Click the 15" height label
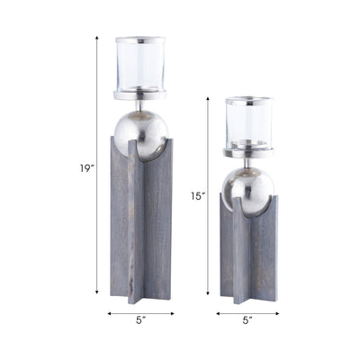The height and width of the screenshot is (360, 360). (x=198, y=195)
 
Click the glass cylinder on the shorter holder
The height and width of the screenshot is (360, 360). (x=248, y=124)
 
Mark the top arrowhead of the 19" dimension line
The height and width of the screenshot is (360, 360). (x=97, y=39)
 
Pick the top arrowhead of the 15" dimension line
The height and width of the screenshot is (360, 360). (x=209, y=98)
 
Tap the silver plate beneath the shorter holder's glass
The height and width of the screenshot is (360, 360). (x=248, y=152)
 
